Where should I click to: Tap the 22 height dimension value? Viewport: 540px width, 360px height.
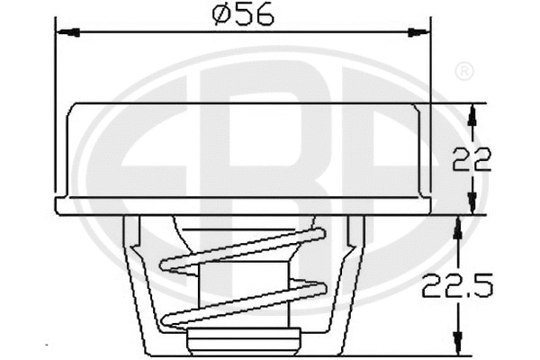pyautogui.click(x=471, y=159)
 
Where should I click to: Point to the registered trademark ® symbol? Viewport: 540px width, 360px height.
pyautogui.click(x=464, y=70)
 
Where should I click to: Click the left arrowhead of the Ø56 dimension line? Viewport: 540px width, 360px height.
pyautogui.click(x=67, y=32)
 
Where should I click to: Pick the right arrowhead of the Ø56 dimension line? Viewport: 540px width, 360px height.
pyautogui.click(x=418, y=32)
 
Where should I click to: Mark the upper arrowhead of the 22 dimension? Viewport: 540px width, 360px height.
pyautogui.click(x=472, y=113)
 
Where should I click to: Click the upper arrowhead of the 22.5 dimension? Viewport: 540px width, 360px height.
pyautogui.click(x=456, y=227)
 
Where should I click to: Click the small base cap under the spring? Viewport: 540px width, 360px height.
pyautogui.click(x=243, y=339)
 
